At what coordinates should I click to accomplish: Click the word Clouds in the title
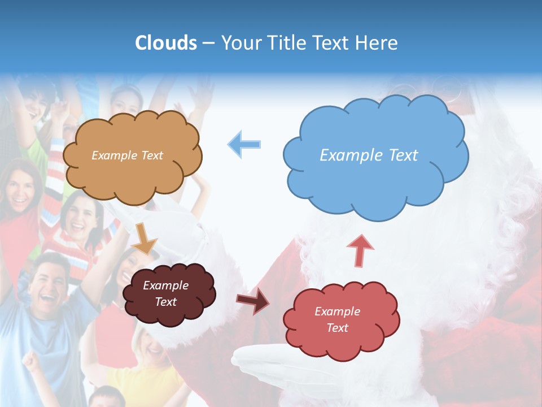[x=167, y=43]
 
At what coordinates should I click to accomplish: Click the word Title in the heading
[x=285, y=43]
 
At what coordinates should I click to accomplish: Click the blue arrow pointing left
[x=244, y=144]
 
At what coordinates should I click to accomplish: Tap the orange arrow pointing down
[x=145, y=238]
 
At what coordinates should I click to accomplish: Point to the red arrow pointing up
[x=360, y=250]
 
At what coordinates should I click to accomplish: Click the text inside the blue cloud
[x=369, y=155]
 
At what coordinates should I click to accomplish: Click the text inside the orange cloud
[x=127, y=155]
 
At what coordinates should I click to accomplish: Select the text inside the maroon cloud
[x=165, y=294]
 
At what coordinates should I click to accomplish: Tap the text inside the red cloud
[x=337, y=319]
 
